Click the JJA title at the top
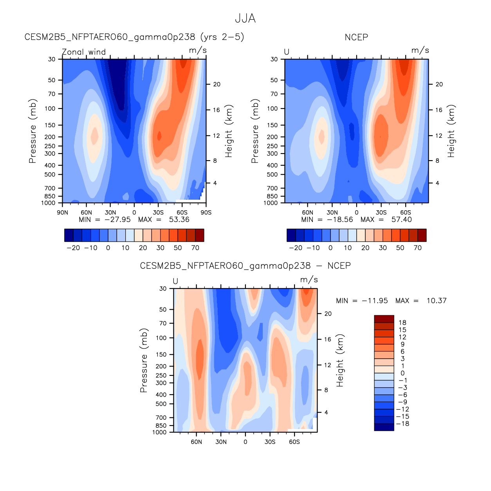245,18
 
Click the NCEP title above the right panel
356,38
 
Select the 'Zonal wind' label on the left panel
84,52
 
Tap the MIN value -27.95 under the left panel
117,220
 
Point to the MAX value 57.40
401,220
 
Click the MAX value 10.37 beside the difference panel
436,301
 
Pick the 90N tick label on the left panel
62,213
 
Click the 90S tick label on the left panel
206,213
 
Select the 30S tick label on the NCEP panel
381,213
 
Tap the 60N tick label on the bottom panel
197,442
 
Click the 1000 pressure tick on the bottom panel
161,432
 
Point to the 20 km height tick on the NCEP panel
439,85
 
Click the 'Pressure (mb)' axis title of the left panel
32,131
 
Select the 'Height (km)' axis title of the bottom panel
340,361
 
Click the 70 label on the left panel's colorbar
195,248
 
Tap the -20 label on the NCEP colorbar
296,248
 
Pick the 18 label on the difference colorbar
402,323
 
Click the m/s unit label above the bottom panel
309,280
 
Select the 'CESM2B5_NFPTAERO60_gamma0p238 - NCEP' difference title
245,266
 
